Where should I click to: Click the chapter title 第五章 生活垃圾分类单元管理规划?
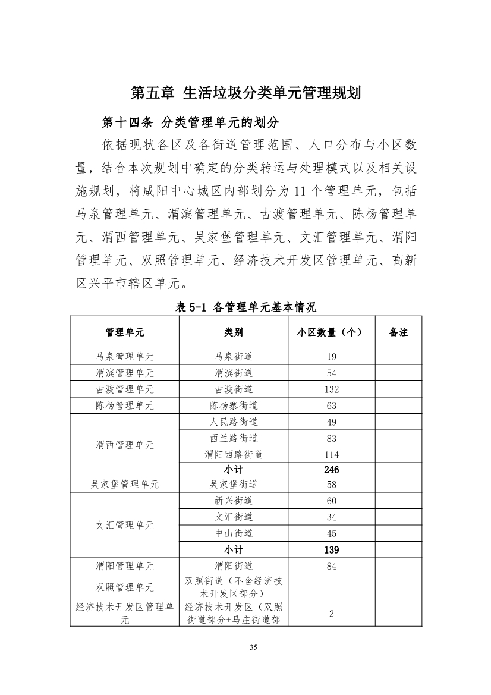coord(245,94)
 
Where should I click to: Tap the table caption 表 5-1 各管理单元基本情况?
coord(245,307)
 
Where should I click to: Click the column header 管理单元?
coord(125,332)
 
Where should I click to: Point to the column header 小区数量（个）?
coord(331,332)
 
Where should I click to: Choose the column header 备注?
coord(398,332)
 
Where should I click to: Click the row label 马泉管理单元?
coord(125,357)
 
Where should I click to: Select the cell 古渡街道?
coord(234,389)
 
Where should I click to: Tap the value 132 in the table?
coord(331,389)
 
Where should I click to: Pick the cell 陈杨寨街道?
coord(234,405)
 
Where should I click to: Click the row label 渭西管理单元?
coord(125,445)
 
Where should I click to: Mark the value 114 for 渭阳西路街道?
coord(331,455)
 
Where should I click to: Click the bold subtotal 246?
coord(331,470)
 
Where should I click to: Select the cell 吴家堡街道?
coord(234,485)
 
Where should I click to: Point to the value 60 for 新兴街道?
coord(331,501)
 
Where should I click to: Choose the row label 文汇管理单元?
coord(125,526)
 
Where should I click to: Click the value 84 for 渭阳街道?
coord(331,566)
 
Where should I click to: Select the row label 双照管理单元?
coord(125,587)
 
